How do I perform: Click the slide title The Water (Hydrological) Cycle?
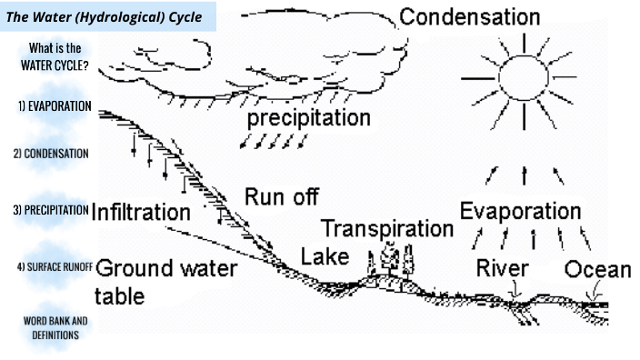[104, 16]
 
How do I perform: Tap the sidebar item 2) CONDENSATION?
[51, 154]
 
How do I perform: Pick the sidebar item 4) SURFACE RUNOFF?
[50, 267]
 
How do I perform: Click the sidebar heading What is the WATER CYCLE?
[53, 56]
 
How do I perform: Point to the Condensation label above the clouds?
[469, 17]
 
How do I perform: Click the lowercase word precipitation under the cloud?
[308, 119]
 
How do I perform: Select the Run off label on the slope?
[281, 196]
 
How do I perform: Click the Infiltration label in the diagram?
[141, 213]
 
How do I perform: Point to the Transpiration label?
[386, 228]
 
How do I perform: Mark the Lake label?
[325, 256]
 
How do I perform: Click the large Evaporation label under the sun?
[519, 211]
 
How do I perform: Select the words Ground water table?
[164, 281]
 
